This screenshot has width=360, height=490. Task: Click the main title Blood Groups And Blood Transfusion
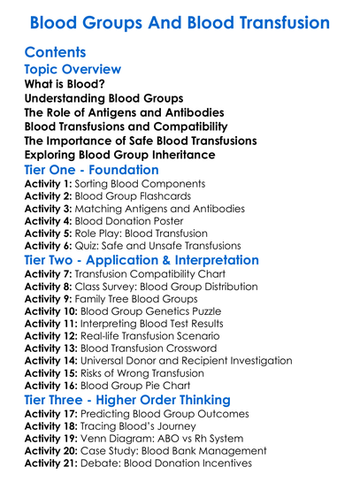pyautogui.click(x=180, y=21)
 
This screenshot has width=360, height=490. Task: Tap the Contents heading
pyautogui.click(x=55, y=52)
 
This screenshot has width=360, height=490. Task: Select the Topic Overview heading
pyautogui.click(x=73, y=70)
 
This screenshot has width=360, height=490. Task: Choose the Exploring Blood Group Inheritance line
pyautogui.click(x=119, y=155)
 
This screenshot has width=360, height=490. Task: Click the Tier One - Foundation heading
pyautogui.click(x=103, y=172)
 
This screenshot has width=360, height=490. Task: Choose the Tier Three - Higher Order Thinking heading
pyautogui.click(x=127, y=401)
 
